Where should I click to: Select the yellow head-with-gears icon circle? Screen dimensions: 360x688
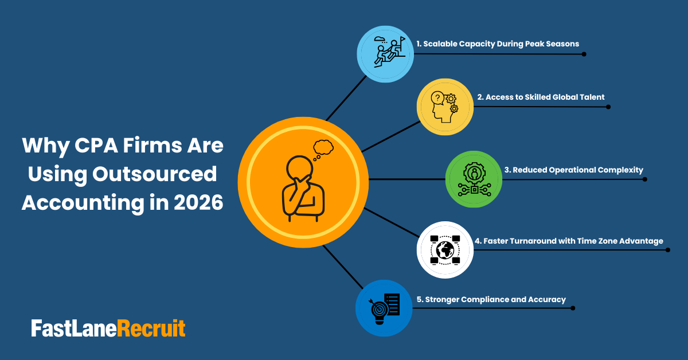pyautogui.click(x=445, y=107)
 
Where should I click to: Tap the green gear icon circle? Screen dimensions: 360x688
pyautogui.click(x=474, y=179)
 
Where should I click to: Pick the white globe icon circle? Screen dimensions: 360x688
pyautogui.click(x=445, y=250)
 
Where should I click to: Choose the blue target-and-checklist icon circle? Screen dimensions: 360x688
pyautogui.click(x=384, y=308)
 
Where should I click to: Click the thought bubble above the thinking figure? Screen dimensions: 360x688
pyautogui.click(x=323, y=147)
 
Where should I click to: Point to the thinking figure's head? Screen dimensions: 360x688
pyautogui.click(x=298, y=168)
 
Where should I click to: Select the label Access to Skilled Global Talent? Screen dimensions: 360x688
pyautogui.click(x=541, y=97)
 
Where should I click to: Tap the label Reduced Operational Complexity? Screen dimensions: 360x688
pyautogui.click(x=573, y=170)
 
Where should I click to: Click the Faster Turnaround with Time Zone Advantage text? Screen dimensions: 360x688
pyautogui.click(x=569, y=241)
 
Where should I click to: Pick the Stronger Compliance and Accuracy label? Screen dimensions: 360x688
pyautogui.click(x=491, y=299)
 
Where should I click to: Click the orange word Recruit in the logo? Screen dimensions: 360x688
pyautogui.click(x=151, y=328)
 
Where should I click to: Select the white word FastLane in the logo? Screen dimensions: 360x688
pyautogui.click(x=74, y=328)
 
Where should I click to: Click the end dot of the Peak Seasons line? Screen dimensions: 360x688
pyautogui.click(x=584, y=54)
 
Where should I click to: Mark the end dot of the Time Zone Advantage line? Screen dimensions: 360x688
pyautogui.click(x=668, y=251)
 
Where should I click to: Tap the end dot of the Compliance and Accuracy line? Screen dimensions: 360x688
pyautogui.click(x=573, y=308)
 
